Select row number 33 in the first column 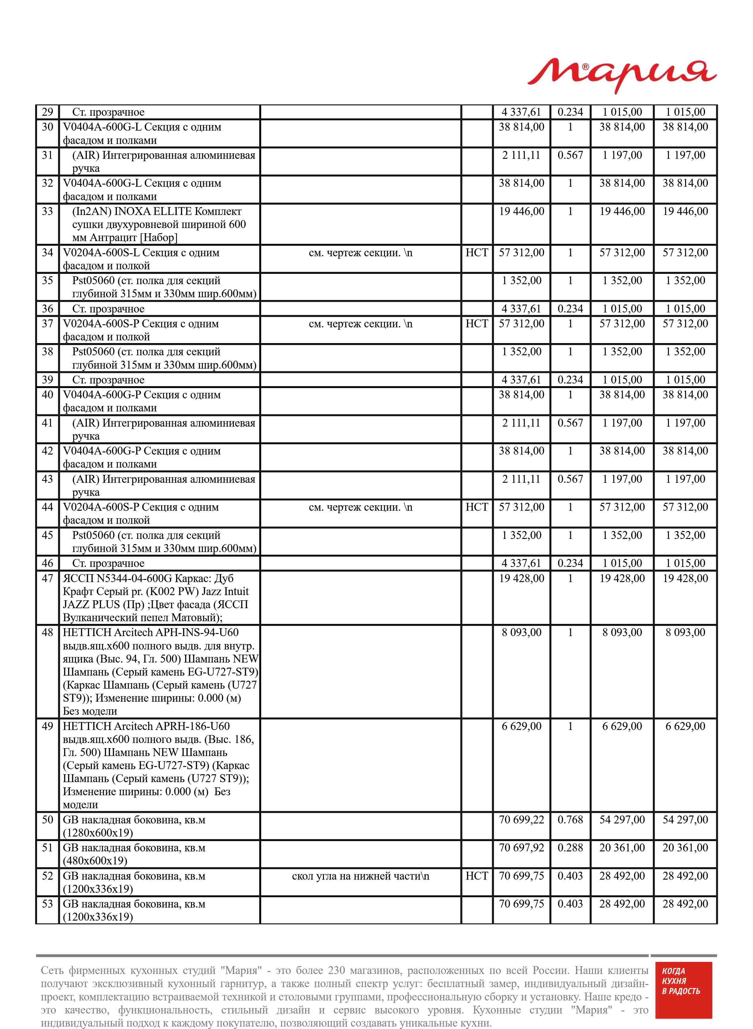47,211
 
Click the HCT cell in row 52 476,876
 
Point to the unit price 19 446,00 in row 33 521,211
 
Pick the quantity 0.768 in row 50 570,820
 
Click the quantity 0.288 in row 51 570,848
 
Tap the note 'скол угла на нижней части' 360,876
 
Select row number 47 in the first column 47,578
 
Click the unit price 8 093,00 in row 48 521,632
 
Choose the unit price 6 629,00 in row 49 521,726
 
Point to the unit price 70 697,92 521,848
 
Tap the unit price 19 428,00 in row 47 521,578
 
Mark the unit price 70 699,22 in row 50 521,820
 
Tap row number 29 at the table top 47,112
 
